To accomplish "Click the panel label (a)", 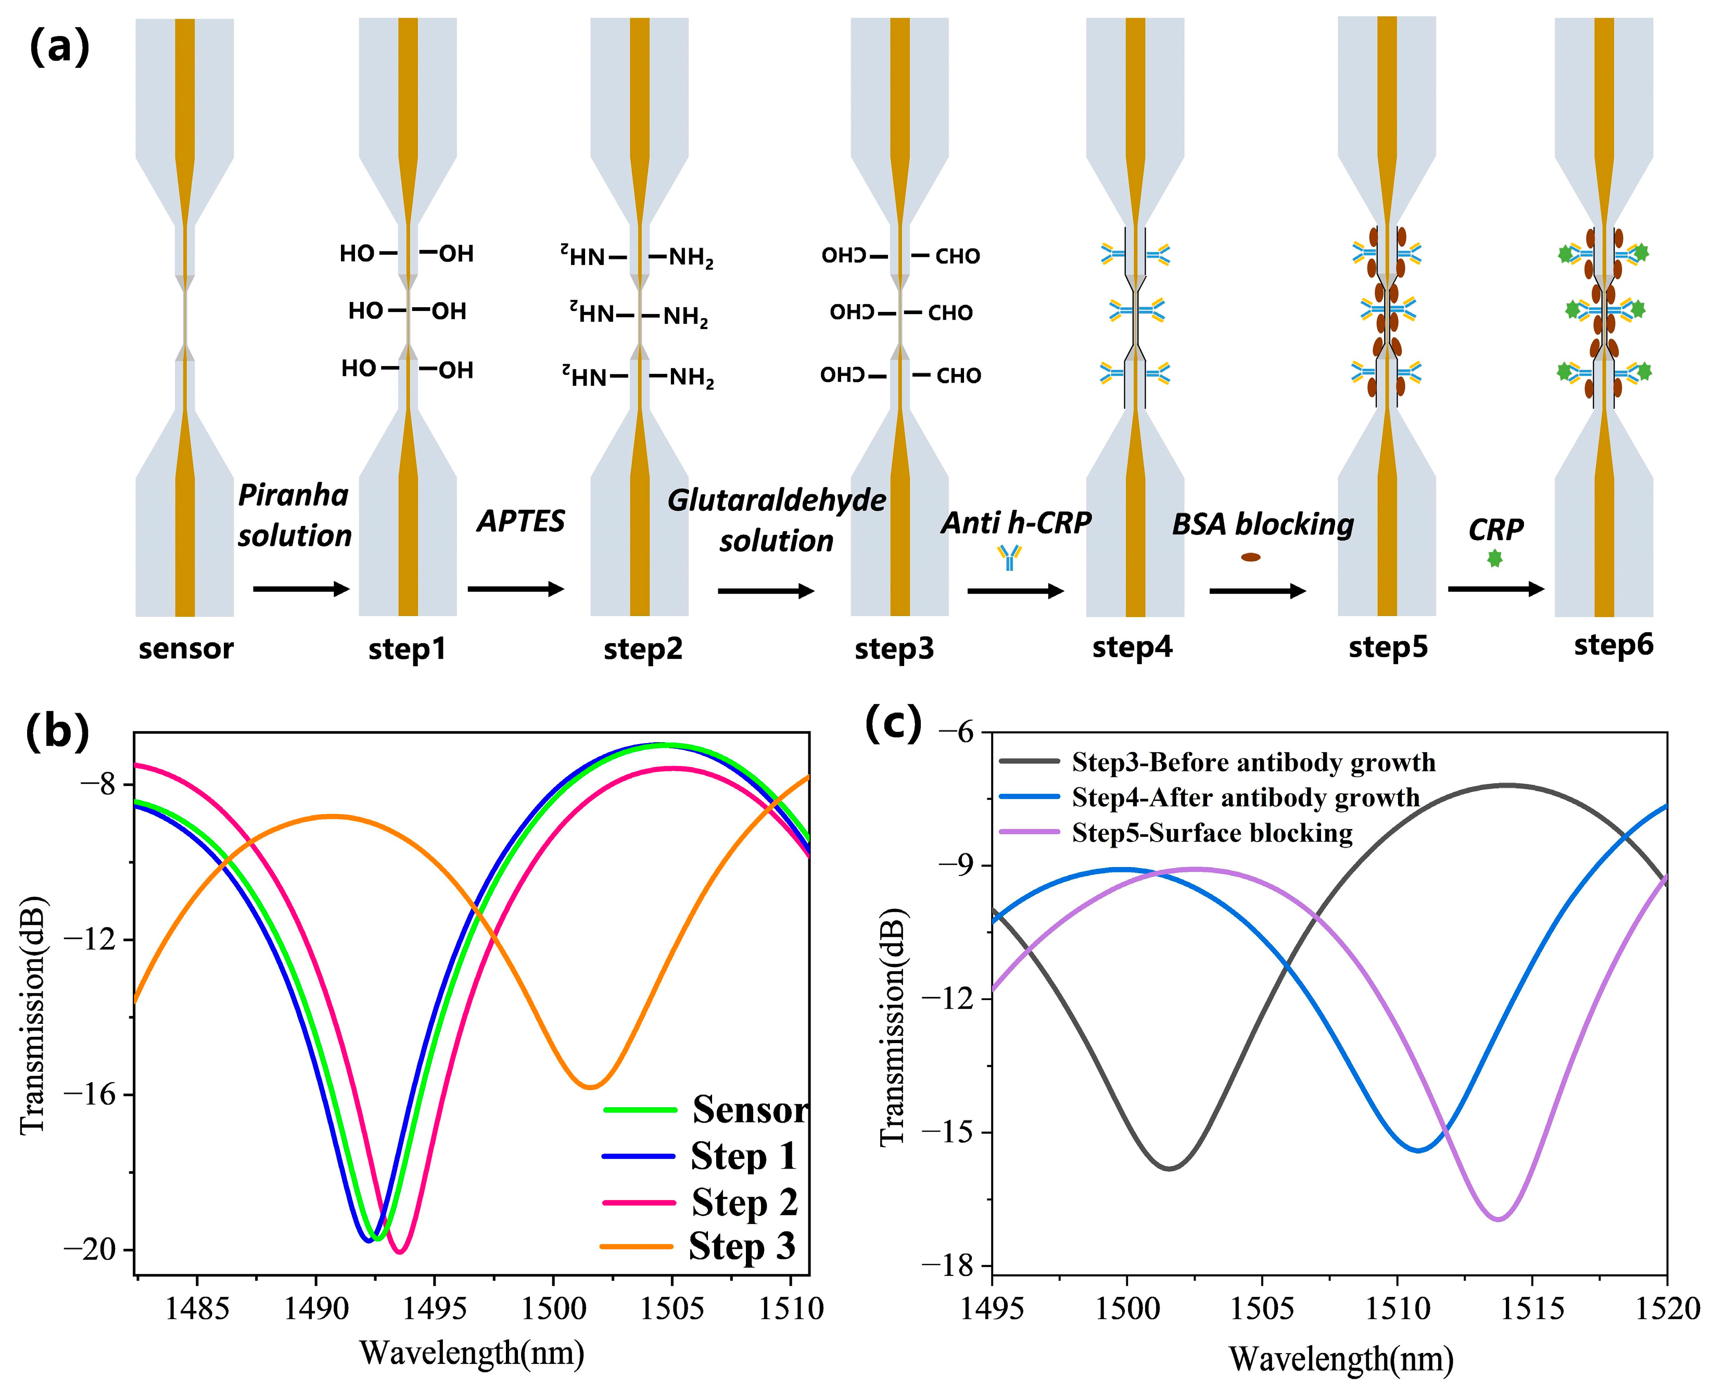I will click(x=59, y=48).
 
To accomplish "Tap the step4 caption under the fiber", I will click(x=1133, y=646).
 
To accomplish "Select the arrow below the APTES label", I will click(x=516, y=589).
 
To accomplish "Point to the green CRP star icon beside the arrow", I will click(x=1494, y=558).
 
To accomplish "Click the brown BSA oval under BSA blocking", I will click(x=1251, y=557).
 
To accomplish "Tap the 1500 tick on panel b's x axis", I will click(x=553, y=1309).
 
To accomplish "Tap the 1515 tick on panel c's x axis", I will click(x=1531, y=1310).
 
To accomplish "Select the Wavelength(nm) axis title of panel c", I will click(x=1340, y=1359).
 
